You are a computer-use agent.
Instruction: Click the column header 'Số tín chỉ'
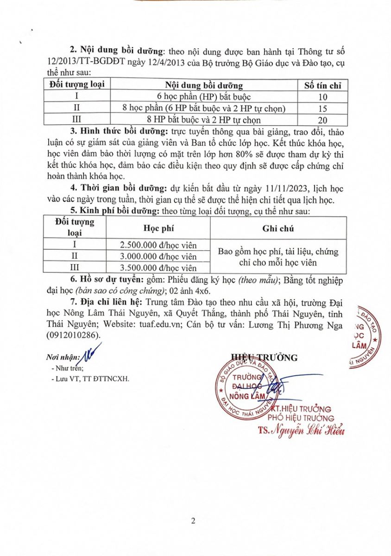point(322,85)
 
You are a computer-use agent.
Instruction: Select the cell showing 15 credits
point(322,108)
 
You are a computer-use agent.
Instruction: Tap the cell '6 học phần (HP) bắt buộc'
point(203,97)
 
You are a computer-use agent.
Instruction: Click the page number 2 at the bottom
point(193,521)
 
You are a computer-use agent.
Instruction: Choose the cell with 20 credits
point(322,120)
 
